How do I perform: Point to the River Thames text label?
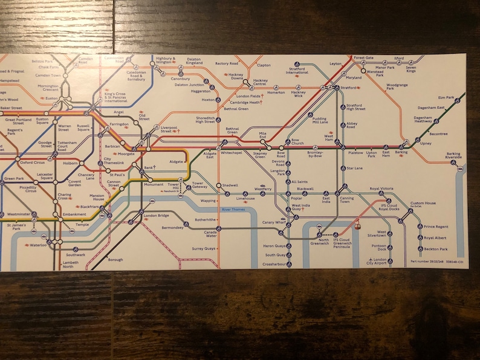click(233, 209)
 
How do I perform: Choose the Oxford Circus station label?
click(33, 162)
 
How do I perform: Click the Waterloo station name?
click(38, 245)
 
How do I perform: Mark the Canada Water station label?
click(210, 234)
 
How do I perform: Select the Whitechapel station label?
click(231, 153)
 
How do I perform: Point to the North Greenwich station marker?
click(320, 234)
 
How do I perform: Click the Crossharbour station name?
click(274, 265)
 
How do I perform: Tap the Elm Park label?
click(446, 97)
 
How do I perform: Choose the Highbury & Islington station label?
click(165, 60)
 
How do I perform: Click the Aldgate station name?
click(176, 162)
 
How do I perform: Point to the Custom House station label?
click(423, 204)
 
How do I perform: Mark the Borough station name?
click(115, 260)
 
